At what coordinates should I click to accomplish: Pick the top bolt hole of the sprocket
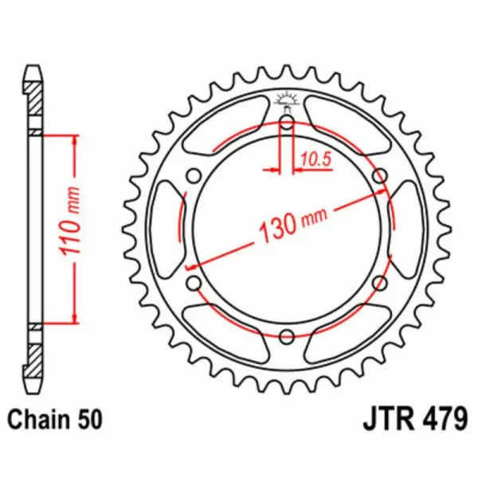(x=286, y=122)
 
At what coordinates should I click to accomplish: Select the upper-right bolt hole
(x=379, y=175)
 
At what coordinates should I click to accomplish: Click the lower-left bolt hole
(x=193, y=282)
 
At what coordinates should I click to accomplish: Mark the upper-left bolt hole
(x=193, y=175)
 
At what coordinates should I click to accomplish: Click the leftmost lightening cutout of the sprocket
(x=167, y=229)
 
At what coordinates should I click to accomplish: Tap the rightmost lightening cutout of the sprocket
(x=406, y=229)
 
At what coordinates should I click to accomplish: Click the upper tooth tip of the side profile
(x=33, y=70)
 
